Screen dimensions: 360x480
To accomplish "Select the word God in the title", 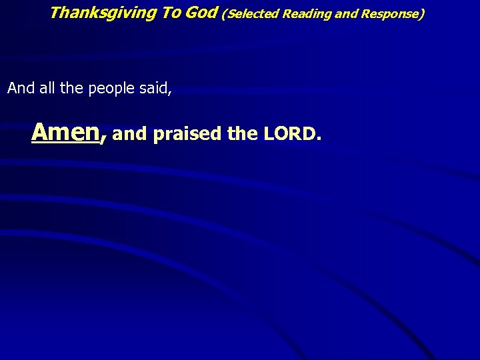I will [201, 12].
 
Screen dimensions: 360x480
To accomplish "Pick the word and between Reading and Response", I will [346, 13].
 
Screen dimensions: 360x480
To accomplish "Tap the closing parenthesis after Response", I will [421, 13].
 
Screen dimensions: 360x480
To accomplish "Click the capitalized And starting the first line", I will [20, 88].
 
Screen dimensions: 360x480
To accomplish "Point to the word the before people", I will [70, 88].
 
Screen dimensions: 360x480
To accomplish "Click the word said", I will [153, 88].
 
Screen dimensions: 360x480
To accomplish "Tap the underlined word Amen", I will [65, 132].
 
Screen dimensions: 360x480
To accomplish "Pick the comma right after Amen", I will [103, 138].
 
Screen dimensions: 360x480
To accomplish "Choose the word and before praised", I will [129, 135].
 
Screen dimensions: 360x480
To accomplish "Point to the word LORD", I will [287, 135].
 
